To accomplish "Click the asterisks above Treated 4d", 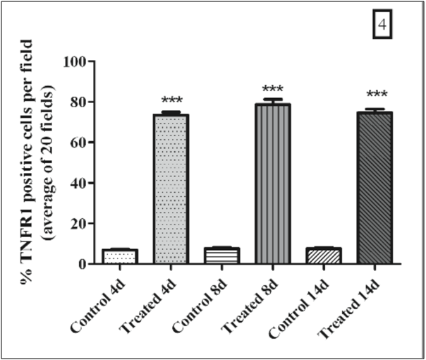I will [171, 101].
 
